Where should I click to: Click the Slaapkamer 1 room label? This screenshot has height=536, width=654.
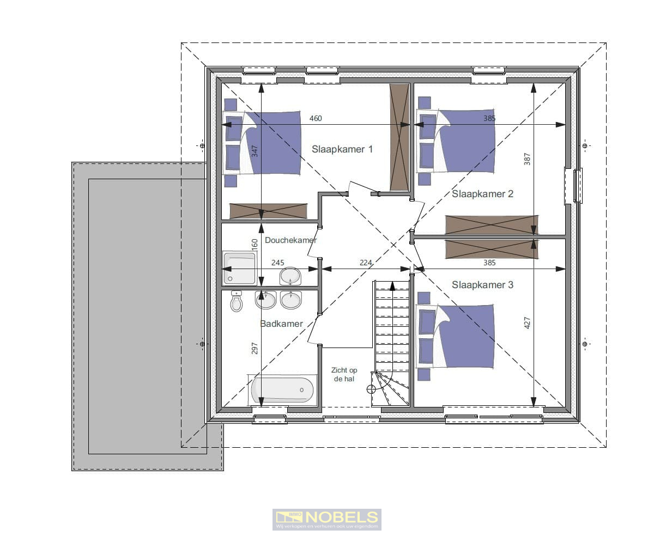[342, 149]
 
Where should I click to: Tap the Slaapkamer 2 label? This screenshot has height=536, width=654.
[482, 193]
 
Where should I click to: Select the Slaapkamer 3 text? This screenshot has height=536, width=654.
[482, 284]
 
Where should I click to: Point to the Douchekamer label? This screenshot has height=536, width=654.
[290, 240]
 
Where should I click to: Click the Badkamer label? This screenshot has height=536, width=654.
[281, 324]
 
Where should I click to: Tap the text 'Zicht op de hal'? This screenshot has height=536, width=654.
[344, 374]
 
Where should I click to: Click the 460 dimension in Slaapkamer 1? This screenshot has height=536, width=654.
[316, 118]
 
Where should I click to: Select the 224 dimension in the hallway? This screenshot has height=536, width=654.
[365, 263]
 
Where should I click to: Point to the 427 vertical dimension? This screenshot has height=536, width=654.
[527, 322]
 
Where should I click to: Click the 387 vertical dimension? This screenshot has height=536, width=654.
[527, 159]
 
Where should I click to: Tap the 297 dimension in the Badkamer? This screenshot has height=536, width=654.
[255, 349]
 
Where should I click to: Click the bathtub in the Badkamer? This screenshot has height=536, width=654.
[282, 390]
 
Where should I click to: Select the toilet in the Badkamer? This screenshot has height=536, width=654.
[236, 302]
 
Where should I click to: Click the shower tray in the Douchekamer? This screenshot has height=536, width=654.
[239, 268]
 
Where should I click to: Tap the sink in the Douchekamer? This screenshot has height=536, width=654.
[290, 276]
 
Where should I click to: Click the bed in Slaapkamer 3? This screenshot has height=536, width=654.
[456, 336]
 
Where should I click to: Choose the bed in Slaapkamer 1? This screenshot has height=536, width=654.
[263, 143]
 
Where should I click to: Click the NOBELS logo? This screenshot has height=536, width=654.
[326, 519]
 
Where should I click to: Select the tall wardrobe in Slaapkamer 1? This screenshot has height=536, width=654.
[399, 137]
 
